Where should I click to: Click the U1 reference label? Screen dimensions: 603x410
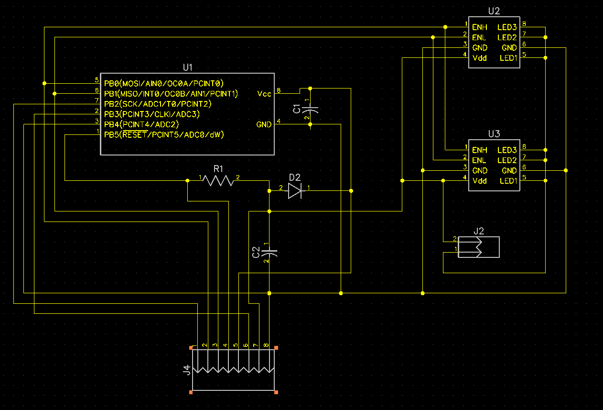pyautogui.click(x=188, y=67)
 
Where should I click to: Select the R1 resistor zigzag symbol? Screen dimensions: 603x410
pyautogui.click(x=218, y=181)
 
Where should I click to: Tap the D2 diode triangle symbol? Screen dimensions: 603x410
pyautogui.click(x=295, y=191)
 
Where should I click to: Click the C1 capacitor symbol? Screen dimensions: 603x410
pyautogui.click(x=310, y=110)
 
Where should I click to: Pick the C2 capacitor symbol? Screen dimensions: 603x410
pyautogui.click(x=269, y=253)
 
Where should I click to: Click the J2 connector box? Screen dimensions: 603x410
pyautogui.click(x=479, y=247)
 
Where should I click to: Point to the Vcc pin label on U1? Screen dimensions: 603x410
pyautogui.click(x=264, y=94)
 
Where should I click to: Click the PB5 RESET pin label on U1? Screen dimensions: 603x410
pyautogui.click(x=164, y=134)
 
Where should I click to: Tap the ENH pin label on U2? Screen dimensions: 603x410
pyautogui.click(x=479, y=27)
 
